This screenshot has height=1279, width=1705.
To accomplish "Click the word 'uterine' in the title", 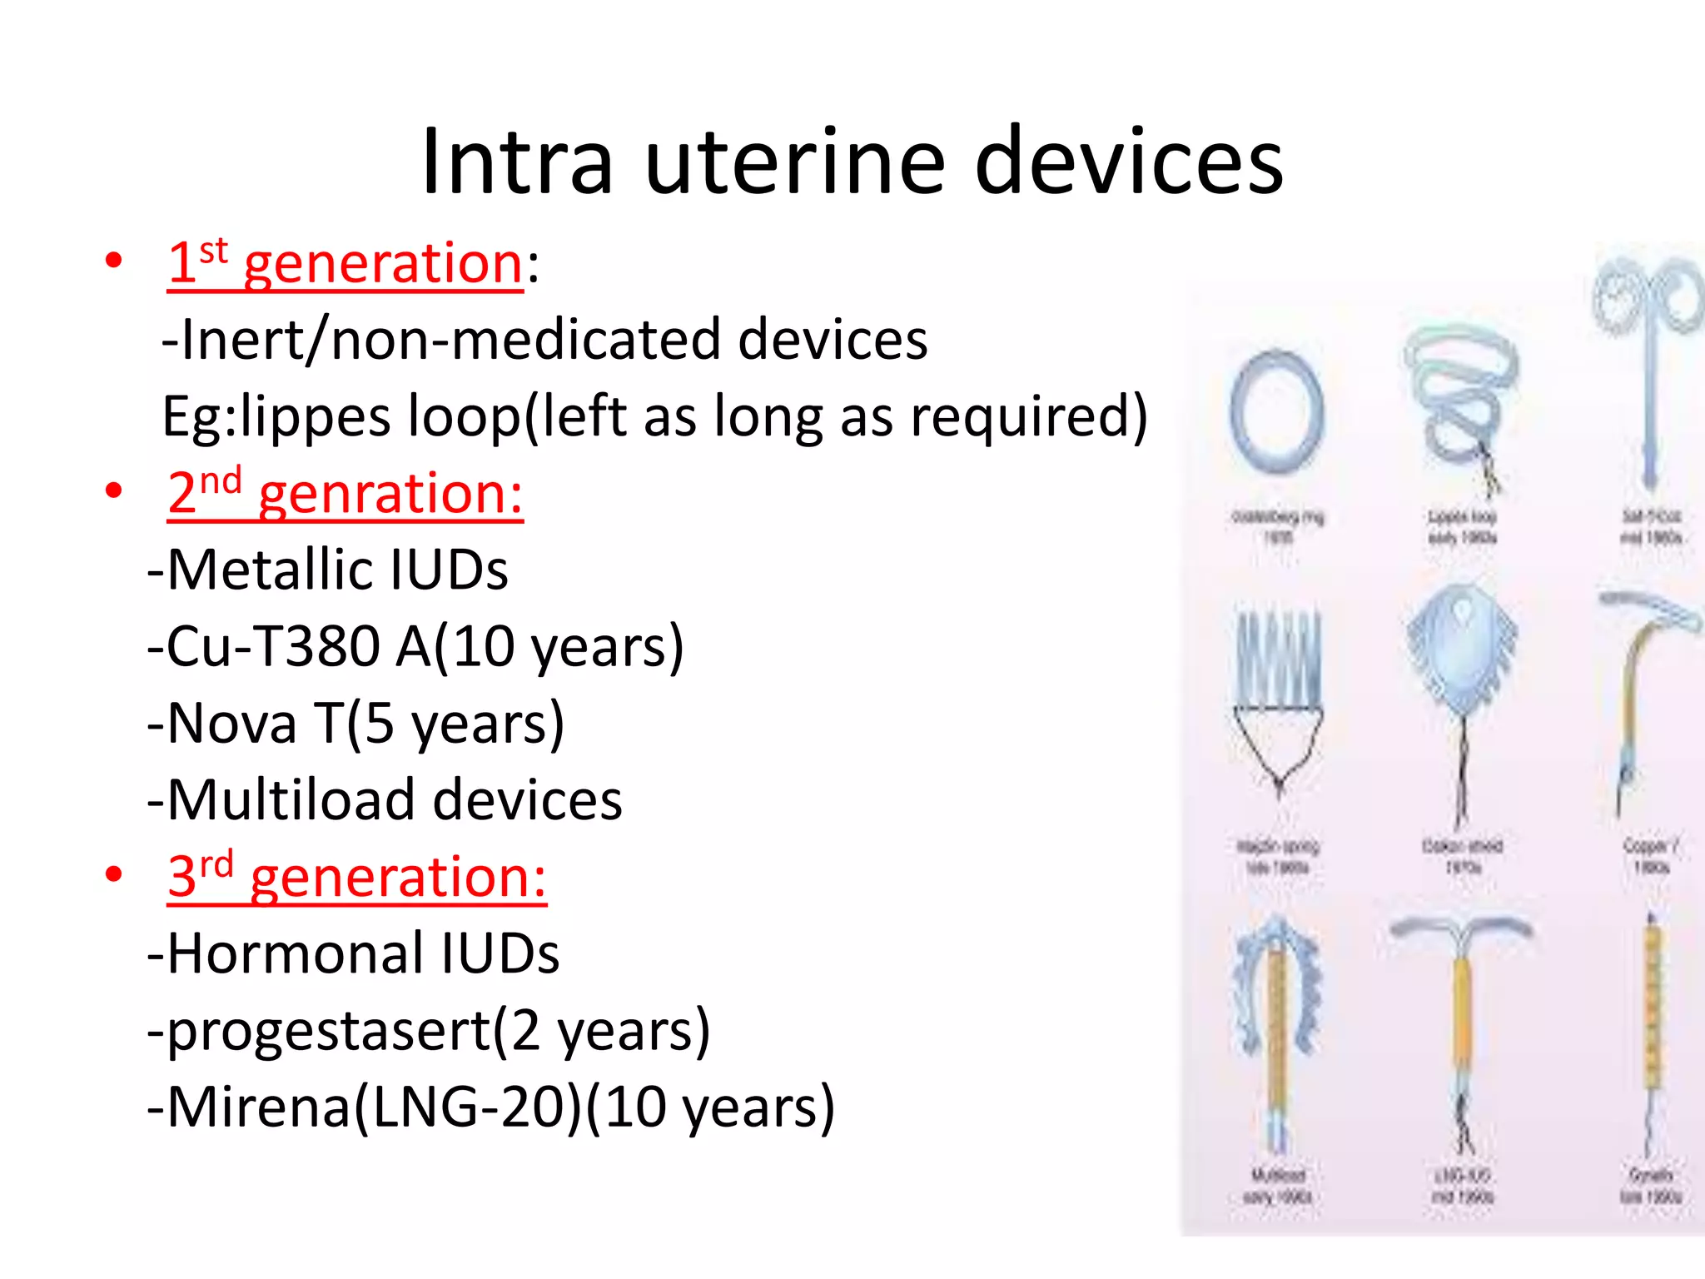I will pos(794,162).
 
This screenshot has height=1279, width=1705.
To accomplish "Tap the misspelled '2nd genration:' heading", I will pos(345,494).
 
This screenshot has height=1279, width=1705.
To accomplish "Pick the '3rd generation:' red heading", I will pos(356,878).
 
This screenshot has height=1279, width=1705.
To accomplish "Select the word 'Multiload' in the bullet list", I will pos(291,800).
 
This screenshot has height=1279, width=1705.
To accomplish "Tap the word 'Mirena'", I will pos(258,1108).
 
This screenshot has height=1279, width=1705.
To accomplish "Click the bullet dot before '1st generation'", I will pos(114,261).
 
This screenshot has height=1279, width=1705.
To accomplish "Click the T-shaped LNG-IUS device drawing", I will pos(1461,1008).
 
